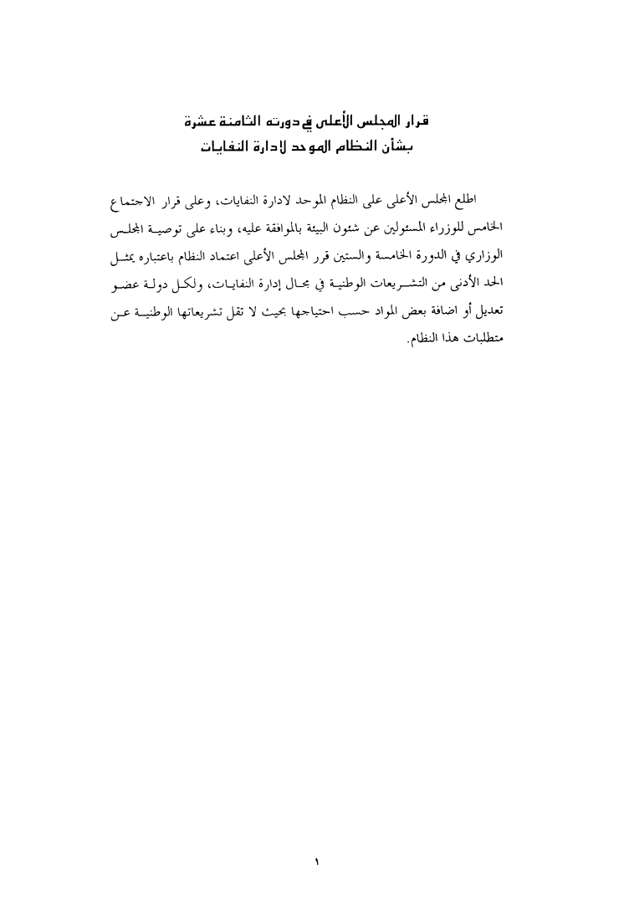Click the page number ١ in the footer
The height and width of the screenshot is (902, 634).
point(317,838)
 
